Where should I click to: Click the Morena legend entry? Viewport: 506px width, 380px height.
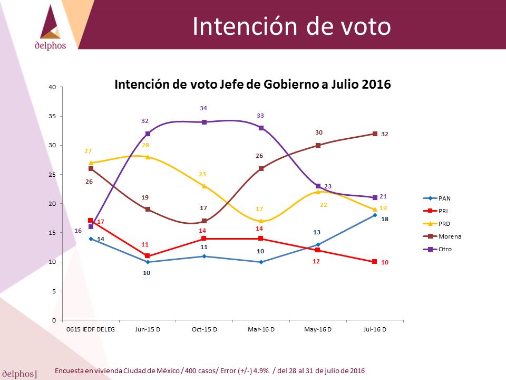coord(442,236)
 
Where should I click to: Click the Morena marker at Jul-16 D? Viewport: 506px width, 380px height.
coord(375,134)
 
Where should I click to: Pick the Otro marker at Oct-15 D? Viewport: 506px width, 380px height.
coord(205,122)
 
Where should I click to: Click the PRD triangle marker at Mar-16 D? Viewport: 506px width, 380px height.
coord(261,221)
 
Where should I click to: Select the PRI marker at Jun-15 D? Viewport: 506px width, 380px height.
coord(148,256)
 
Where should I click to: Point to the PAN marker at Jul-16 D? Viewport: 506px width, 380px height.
coord(375,215)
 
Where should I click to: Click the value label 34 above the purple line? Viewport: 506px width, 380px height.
coord(203,108)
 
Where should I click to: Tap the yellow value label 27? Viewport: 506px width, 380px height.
coord(88,151)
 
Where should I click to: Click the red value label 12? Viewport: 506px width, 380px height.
coord(316,261)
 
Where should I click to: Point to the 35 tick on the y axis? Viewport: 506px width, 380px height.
coord(52,116)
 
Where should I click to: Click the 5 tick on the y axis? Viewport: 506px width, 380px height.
coord(54,291)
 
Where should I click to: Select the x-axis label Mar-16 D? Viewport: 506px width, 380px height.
coord(261,329)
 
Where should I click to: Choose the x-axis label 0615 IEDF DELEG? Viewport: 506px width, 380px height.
coord(90,329)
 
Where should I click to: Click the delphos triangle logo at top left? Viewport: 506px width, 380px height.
coord(51,22)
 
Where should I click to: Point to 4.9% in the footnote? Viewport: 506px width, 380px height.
coord(261,370)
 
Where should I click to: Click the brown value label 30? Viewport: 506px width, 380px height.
coord(319,132)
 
